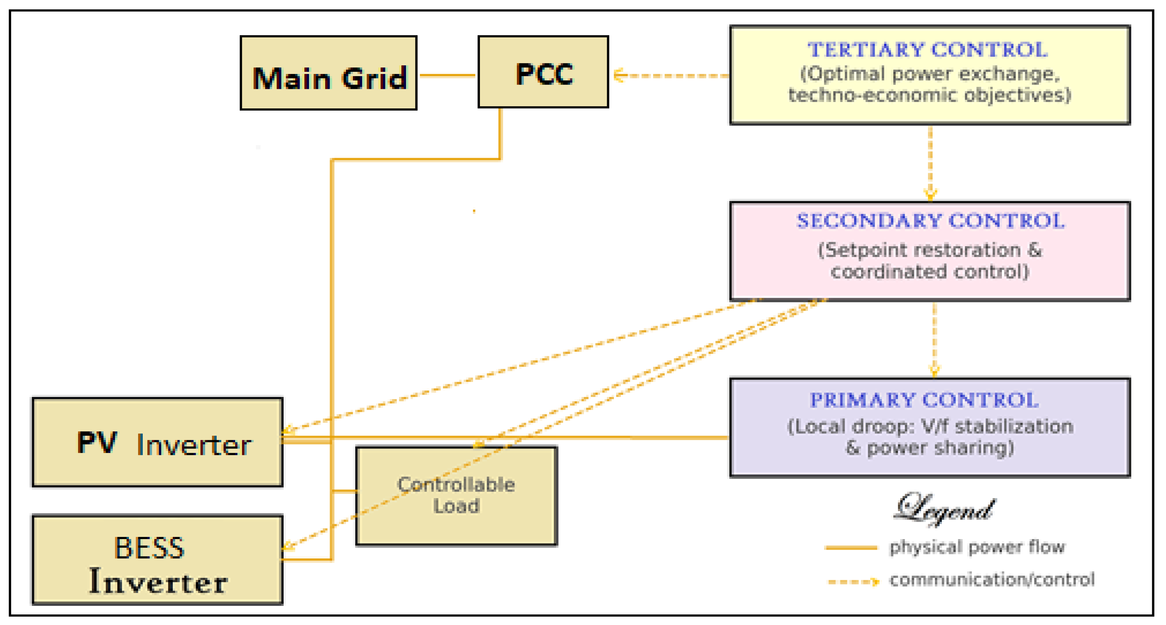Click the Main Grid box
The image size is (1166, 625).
click(x=328, y=73)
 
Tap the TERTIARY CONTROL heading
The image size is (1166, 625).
click(x=928, y=50)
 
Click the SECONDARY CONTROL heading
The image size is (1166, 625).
click(x=930, y=221)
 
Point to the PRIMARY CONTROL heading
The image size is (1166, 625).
click(x=924, y=400)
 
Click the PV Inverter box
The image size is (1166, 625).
click(x=157, y=443)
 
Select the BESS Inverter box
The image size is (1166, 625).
click(x=157, y=560)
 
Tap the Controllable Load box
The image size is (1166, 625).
click(x=456, y=496)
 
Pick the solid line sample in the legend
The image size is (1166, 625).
click(x=851, y=548)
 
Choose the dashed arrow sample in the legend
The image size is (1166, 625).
click(x=853, y=581)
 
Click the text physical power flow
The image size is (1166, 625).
click(x=977, y=547)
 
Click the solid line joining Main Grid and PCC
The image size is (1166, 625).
click(x=447, y=75)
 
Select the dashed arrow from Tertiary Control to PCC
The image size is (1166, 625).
click(x=670, y=76)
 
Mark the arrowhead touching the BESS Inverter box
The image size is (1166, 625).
click(x=288, y=546)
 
